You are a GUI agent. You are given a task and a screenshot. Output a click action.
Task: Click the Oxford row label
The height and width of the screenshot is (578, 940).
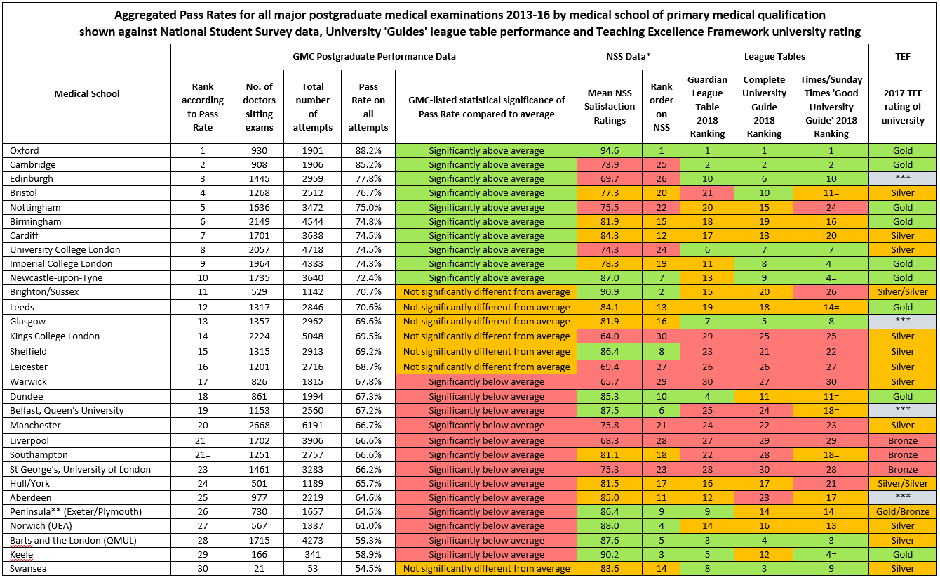click(x=25, y=150)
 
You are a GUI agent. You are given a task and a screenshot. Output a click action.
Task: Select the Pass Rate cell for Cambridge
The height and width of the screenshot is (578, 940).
click(x=368, y=164)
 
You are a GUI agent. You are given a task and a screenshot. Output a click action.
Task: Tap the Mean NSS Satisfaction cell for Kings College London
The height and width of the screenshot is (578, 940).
click(x=610, y=336)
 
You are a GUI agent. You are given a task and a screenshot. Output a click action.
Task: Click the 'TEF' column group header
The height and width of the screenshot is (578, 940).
click(x=902, y=56)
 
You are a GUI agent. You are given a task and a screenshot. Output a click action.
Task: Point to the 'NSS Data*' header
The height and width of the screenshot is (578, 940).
click(x=629, y=56)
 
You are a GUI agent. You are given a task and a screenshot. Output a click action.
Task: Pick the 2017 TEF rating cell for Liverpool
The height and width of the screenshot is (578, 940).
click(x=903, y=440)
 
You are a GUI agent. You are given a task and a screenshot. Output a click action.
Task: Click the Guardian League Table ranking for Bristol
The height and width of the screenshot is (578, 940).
click(x=707, y=193)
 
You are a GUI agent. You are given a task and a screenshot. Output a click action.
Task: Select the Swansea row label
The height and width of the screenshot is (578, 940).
click(x=28, y=568)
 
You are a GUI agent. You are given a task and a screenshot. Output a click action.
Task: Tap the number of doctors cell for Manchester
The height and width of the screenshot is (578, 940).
click(x=259, y=425)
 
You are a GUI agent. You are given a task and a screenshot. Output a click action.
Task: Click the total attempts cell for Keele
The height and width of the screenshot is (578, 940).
click(x=313, y=555)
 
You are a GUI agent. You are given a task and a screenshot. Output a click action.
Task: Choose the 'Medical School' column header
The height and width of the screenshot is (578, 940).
click(x=87, y=93)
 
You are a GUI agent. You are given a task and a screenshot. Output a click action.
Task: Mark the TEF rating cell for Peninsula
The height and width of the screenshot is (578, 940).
click(x=903, y=511)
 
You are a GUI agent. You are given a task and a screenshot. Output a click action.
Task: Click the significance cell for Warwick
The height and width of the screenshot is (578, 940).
click(x=486, y=382)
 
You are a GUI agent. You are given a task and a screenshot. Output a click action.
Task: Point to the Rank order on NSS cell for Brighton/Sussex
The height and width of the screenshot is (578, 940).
click(x=662, y=292)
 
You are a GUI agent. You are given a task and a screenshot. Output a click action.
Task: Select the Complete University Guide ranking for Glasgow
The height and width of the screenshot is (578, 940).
click(x=764, y=322)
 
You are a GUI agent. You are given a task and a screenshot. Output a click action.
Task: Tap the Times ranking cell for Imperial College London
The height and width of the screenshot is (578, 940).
click(x=831, y=264)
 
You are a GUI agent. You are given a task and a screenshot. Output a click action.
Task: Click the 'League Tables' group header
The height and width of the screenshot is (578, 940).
click(x=774, y=56)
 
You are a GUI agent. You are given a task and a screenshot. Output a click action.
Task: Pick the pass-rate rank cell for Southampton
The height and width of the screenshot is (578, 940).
click(x=202, y=455)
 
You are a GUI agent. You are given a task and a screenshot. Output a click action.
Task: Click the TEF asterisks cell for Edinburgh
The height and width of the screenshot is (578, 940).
click(x=903, y=178)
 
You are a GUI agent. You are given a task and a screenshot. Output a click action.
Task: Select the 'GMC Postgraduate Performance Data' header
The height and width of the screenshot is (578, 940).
click(x=374, y=56)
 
